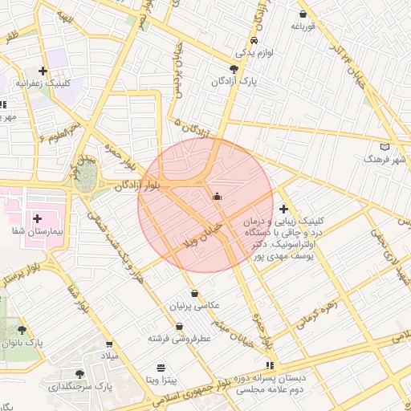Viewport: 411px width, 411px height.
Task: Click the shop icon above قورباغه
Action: (x=302, y=14)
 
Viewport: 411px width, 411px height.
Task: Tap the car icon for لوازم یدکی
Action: (x=254, y=40)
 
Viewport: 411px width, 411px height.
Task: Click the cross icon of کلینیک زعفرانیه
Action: (x=43, y=71)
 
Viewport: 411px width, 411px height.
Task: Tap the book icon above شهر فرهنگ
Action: (x=385, y=147)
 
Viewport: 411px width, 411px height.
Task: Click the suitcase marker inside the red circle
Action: (x=216, y=196)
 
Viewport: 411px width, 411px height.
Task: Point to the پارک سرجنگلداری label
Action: (x=81, y=386)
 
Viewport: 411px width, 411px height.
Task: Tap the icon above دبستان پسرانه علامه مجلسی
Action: (x=271, y=364)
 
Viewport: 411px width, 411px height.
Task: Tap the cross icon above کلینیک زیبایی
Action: (x=283, y=209)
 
